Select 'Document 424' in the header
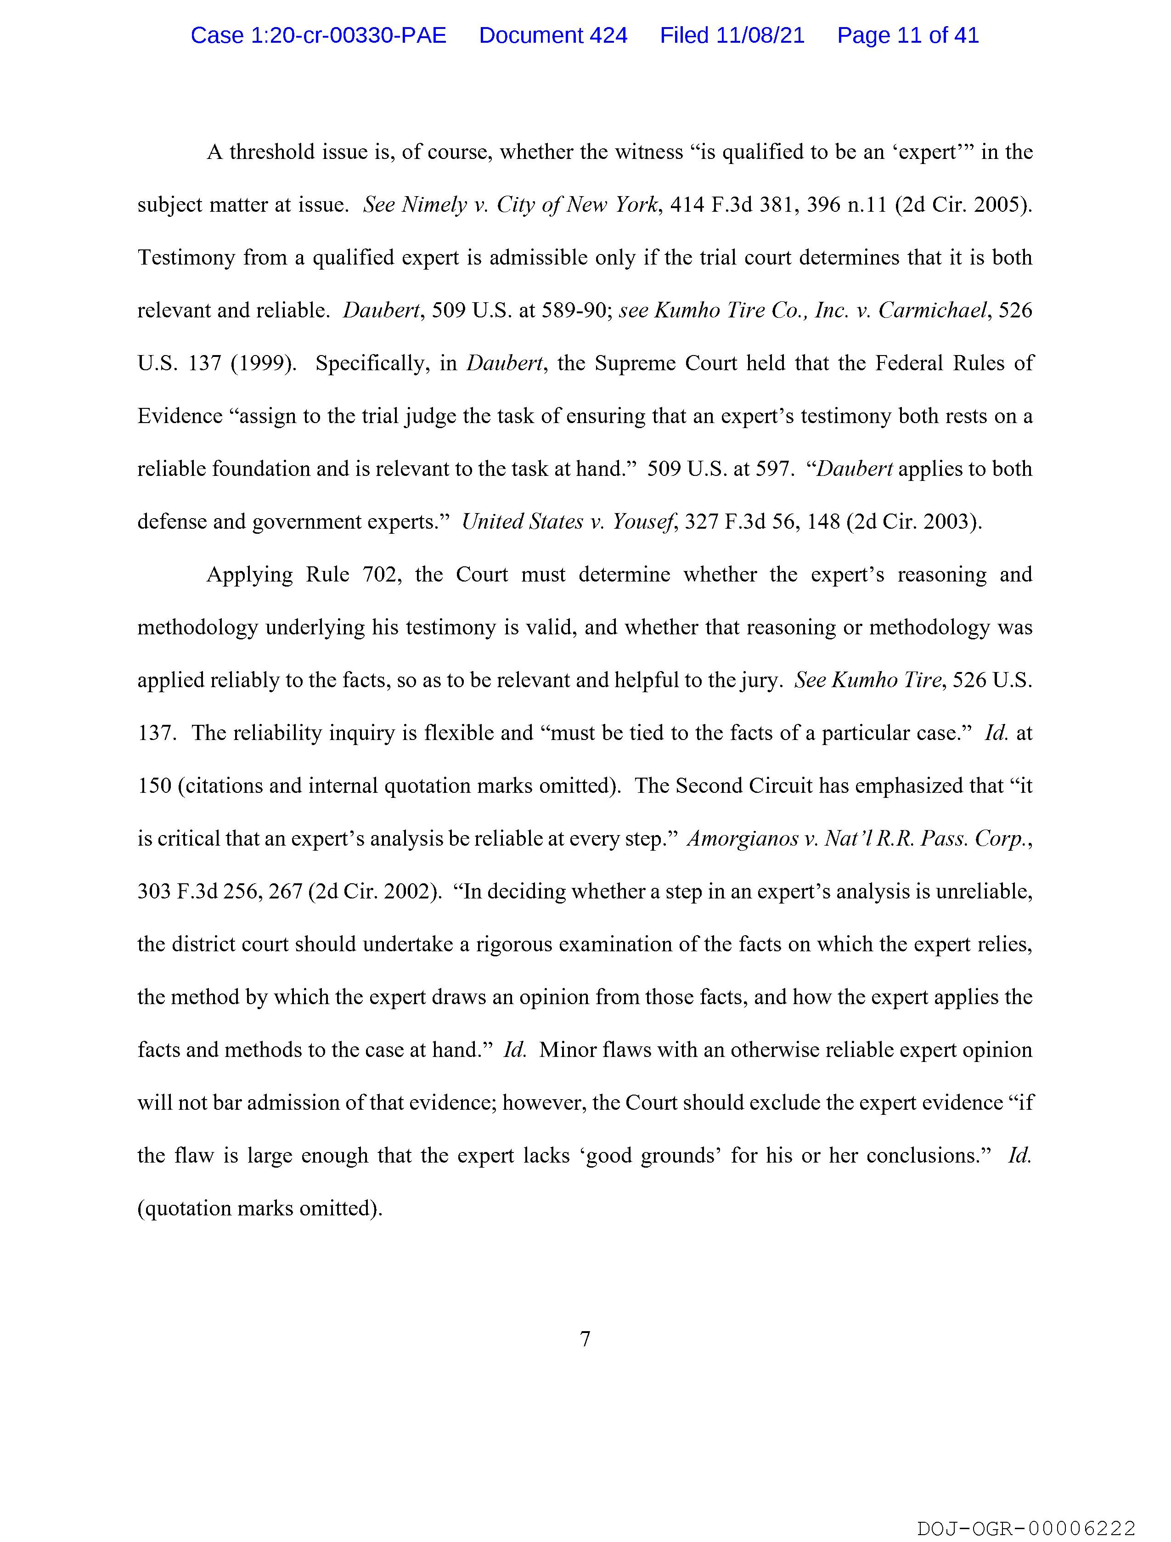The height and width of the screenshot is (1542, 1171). pos(553,35)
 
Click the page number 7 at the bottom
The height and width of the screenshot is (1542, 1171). pos(585,1339)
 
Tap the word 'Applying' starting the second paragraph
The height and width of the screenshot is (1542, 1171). pos(249,575)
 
